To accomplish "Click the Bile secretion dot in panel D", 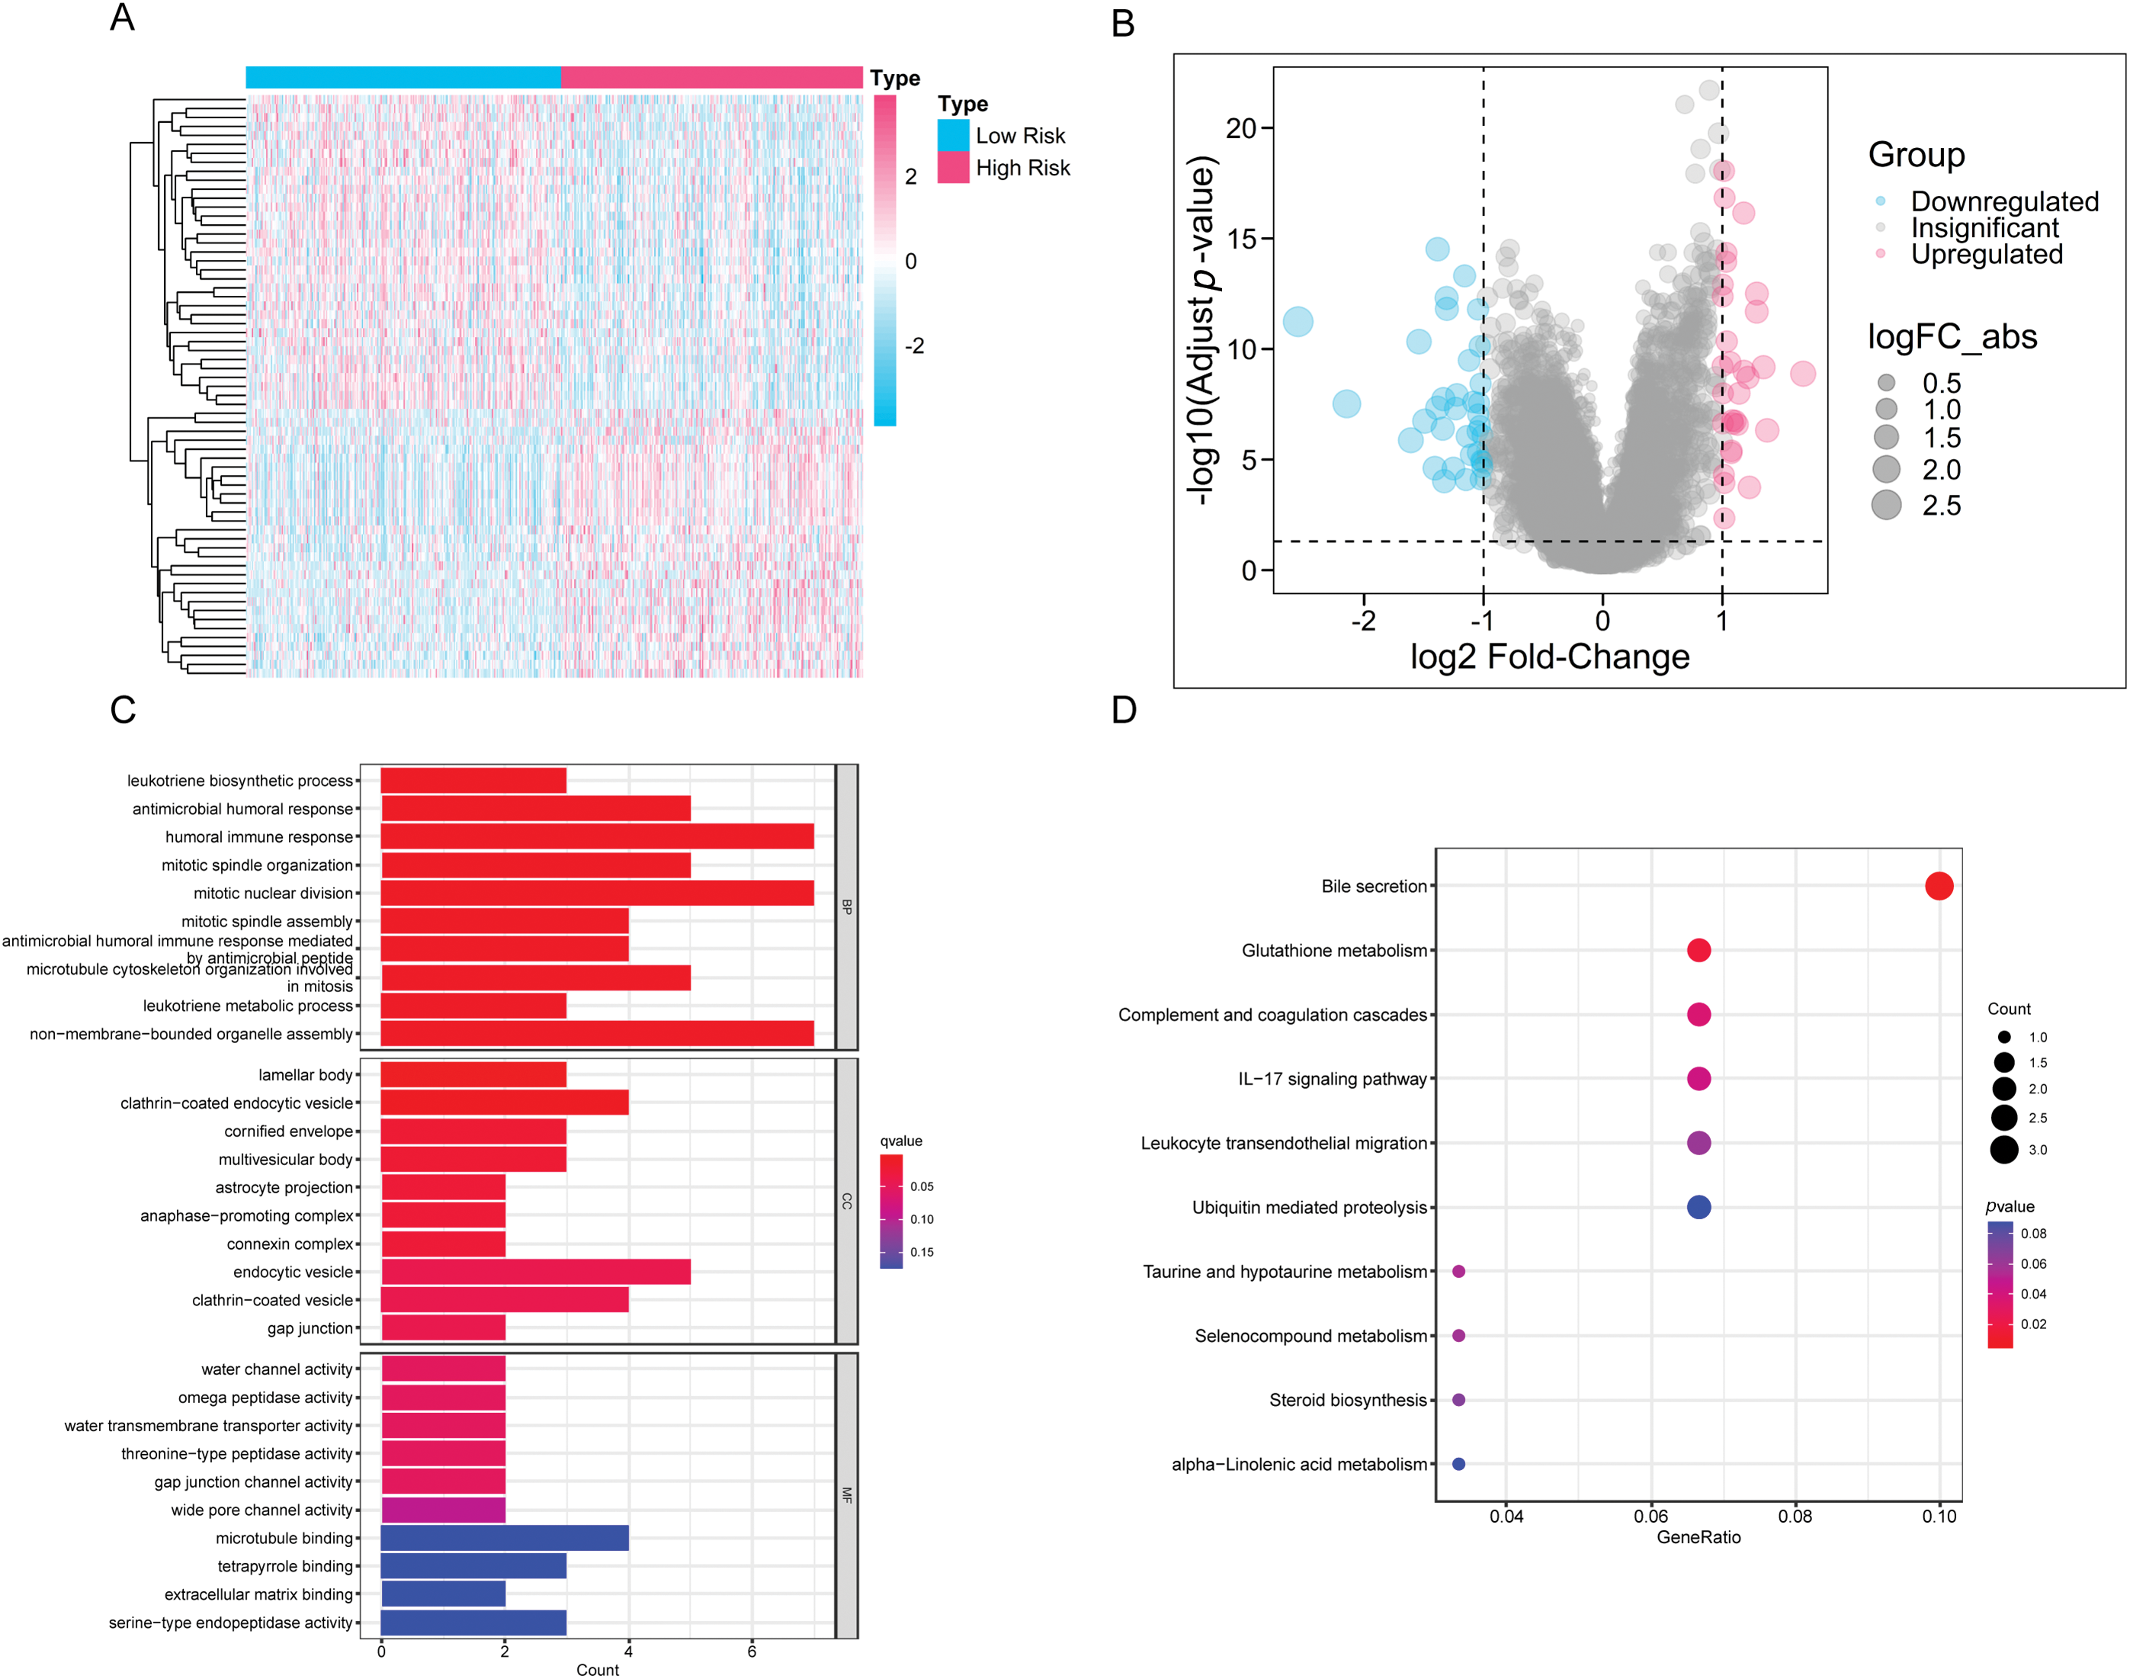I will (x=1939, y=886).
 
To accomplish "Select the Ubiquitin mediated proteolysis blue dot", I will (x=1699, y=1207).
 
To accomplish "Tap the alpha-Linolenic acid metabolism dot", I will (x=1458, y=1464).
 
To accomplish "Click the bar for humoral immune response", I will (x=597, y=836).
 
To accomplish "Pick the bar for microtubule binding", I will (x=504, y=1537).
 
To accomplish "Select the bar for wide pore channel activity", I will (x=442, y=1510).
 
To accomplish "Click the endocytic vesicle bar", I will (x=536, y=1272).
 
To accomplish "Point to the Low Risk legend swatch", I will (x=952, y=136).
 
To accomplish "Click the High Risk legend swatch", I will (x=952, y=168).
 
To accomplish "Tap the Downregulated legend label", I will (x=2004, y=201).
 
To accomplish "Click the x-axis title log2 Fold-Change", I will (x=1549, y=657).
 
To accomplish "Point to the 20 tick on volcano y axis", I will (x=1240, y=128).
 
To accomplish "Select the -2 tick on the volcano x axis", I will (x=1363, y=621).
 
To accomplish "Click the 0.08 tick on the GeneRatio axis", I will (x=1795, y=1516).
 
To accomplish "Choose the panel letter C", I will (x=123, y=710).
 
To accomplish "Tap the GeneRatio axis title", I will (x=1699, y=1537).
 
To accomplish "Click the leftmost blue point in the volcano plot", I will (x=1298, y=322).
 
